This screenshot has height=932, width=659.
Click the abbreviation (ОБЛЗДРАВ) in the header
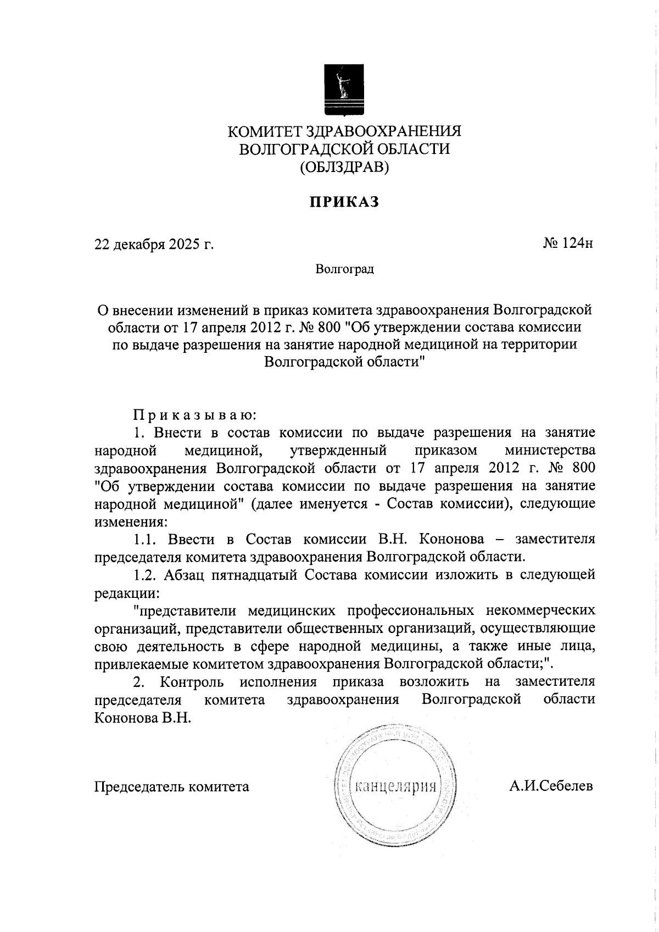tap(344, 167)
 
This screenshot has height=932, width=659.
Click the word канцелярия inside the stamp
tap(396, 786)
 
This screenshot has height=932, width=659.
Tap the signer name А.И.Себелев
tap(551, 786)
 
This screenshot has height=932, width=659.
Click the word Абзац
tap(185, 575)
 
